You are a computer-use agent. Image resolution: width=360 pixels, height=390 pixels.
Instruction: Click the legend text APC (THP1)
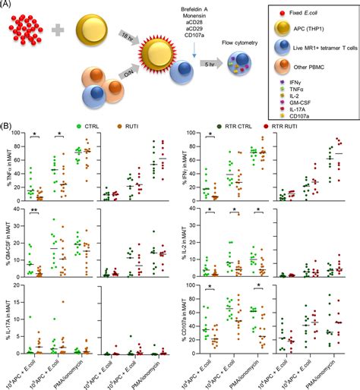[x=308, y=31]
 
